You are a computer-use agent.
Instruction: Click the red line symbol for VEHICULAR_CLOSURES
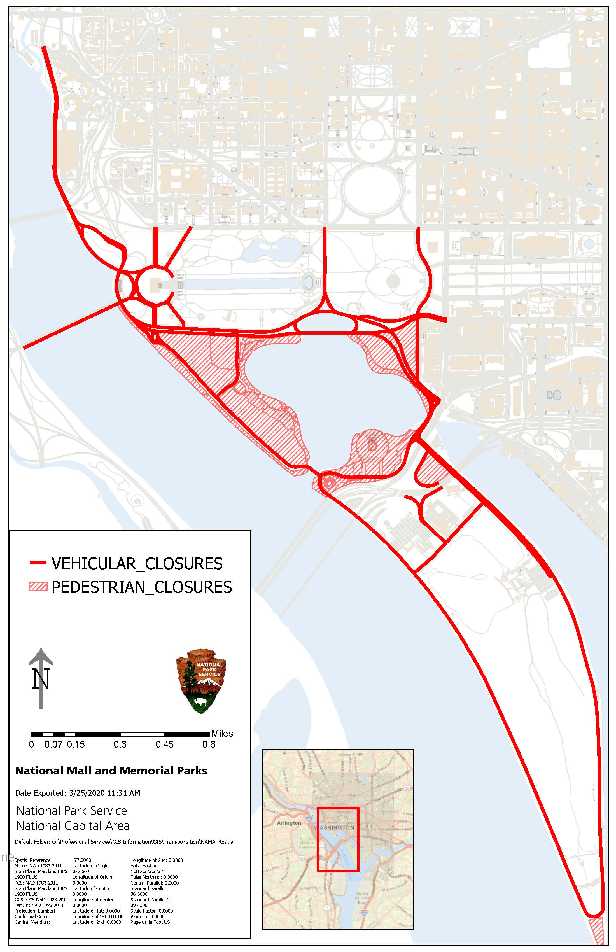point(38,563)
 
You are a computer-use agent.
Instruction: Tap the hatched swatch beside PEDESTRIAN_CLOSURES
point(38,587)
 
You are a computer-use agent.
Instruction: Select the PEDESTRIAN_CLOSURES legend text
point(142,587)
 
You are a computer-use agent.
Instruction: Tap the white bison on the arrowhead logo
point(199,701)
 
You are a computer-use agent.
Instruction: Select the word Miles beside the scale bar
point(222,734)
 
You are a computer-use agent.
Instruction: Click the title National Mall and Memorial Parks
point(111,771)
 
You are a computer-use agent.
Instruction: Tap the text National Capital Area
point(73,826)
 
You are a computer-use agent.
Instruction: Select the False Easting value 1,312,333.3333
point(147,871)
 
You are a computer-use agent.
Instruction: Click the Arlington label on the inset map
point(289,823)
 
